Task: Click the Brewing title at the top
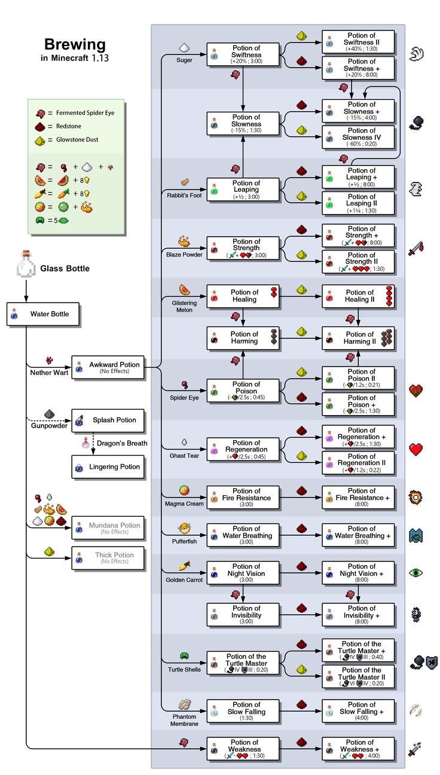[x=75, y=44]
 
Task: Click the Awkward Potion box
[x=108, y=367]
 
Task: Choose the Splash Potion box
[x=108, y=420]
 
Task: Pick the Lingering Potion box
[x=108, y=467]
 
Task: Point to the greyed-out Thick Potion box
[x=108, y=558]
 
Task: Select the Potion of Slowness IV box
[x=358, y=137]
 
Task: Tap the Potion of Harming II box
[x=358, y=338]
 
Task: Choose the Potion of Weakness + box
[x=358, y=749]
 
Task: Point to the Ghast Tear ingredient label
[x=184, y=456]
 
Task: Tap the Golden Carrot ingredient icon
[x=184, y=566]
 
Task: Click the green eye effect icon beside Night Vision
[x=416, y=573]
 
